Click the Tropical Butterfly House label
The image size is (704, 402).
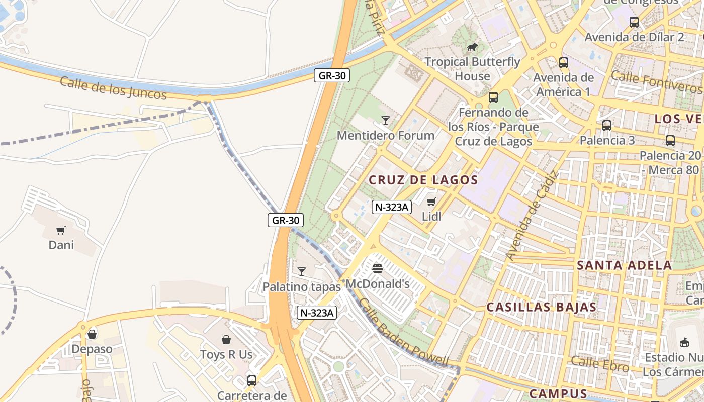472,69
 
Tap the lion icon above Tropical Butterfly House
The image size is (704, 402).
472,47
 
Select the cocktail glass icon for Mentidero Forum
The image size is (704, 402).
386,121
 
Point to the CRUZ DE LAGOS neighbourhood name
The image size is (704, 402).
423,180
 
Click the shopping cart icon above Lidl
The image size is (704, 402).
431,202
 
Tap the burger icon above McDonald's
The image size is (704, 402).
378,269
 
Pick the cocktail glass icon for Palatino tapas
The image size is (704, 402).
302,272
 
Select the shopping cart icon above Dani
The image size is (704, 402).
61,231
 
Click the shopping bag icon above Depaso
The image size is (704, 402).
92,334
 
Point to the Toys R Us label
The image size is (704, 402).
226,354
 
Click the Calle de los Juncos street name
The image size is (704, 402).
113,88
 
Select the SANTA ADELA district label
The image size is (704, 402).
624,265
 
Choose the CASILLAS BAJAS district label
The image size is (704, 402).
542,307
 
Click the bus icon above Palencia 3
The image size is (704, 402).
607,126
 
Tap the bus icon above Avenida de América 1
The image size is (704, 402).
564,63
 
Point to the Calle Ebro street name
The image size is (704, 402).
599,364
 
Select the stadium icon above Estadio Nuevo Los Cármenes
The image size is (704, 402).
684,342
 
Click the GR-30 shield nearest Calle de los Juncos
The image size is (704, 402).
331,75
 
